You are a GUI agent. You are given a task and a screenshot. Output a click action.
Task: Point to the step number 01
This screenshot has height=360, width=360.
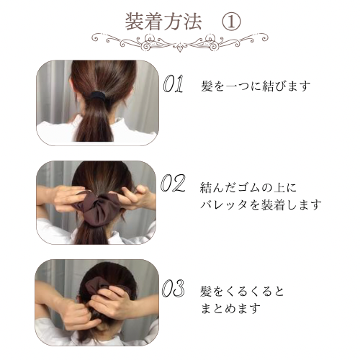pyautogui.click(x=174, y=86)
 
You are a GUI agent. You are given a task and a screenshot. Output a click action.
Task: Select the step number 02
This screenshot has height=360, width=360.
pyautogui.click(x=174, y=185)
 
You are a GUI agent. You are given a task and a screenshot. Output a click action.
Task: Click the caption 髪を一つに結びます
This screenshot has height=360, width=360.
pyautogui.click(x=256, y=86)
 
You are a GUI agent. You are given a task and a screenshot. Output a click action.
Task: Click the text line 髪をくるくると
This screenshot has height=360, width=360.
pyautogui.click(x=242, y=292)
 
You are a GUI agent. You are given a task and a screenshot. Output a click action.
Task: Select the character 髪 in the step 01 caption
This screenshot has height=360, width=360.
pyautogui.click(x=209, y=86)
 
